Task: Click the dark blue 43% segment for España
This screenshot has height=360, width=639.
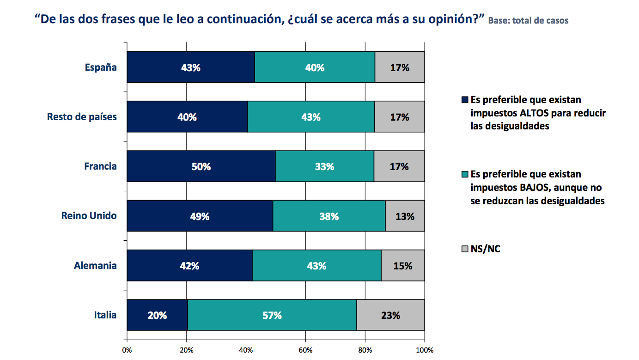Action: coord(190,67)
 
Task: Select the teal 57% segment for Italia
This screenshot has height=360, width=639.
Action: coord(272,315)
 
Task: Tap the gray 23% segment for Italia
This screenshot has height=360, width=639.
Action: coord(390,315)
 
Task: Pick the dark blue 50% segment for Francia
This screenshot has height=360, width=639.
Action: coord(201,166)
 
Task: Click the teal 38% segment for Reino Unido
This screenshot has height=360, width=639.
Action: coord(329,216)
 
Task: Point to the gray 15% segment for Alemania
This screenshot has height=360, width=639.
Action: coord(402,266)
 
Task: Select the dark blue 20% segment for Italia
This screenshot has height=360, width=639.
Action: coord(157,315)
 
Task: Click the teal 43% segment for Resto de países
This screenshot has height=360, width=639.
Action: coord(311,117)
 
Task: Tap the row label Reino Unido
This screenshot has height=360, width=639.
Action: coord(89,216)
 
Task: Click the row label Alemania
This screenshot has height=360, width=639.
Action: coord(95,266)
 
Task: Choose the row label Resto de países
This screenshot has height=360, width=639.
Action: coord(82,117)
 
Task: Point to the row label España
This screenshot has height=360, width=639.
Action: coord(101,67)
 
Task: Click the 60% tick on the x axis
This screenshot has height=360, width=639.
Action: coord(305,350)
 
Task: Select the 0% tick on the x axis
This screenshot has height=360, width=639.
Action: coord(127,350)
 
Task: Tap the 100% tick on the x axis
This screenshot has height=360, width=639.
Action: coord(424,350)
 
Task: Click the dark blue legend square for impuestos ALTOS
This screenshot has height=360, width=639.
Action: coord(465,100)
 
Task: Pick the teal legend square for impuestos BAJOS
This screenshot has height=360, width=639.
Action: coord(465,174)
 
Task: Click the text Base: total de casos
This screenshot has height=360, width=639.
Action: coord(528,21)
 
